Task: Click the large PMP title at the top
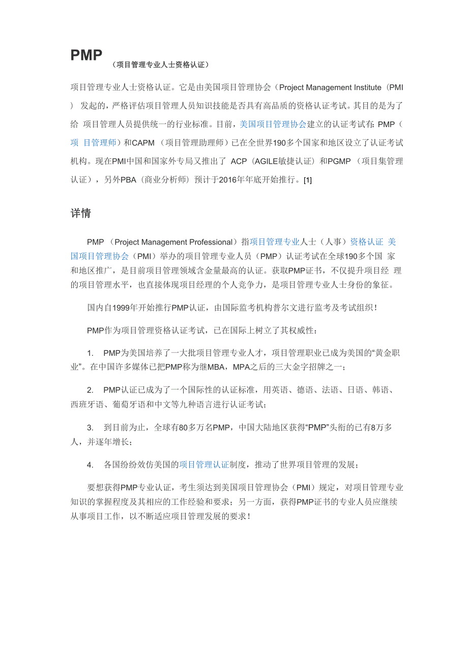(x=86, y=55)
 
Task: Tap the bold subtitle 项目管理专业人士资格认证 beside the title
(x=160, y=65)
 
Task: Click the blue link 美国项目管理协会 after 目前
(x=273, y=124)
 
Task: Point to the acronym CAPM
(x=147, y=143)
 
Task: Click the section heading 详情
(x=80, y=214)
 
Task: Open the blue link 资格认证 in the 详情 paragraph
(x=367, y=242)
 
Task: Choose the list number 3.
(x=90, y=428)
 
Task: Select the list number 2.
(x=90, y=390)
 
